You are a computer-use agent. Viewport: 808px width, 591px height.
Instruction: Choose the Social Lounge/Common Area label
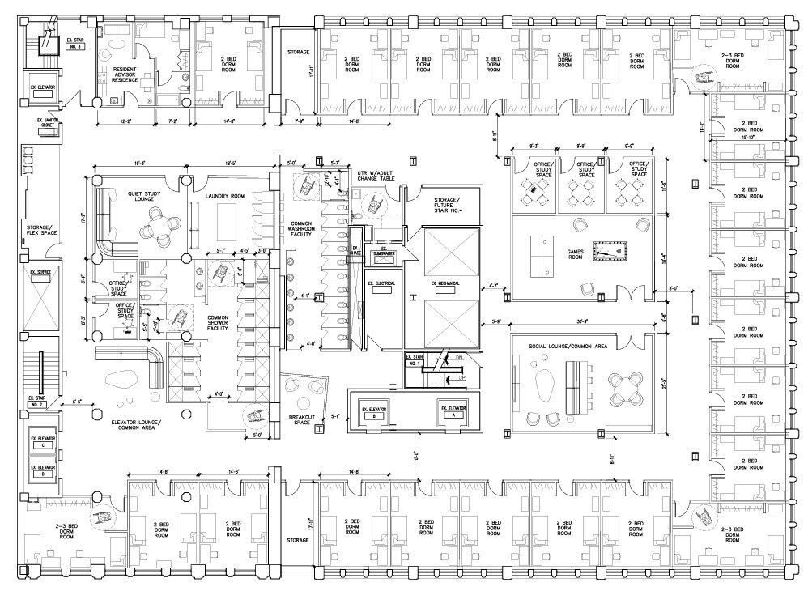tap(569, 345)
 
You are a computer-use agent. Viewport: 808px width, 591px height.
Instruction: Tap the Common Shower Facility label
tap(219, 321)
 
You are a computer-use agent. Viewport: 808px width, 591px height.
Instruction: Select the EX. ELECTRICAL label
tap(381, 283)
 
